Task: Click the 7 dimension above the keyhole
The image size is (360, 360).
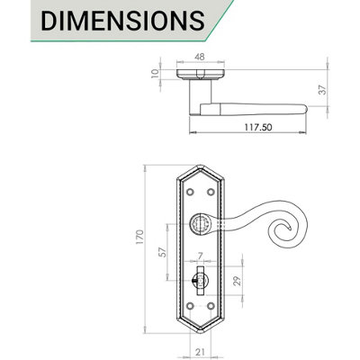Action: click(x=199, y=256)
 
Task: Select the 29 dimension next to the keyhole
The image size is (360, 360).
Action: click(x=235, y=280)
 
